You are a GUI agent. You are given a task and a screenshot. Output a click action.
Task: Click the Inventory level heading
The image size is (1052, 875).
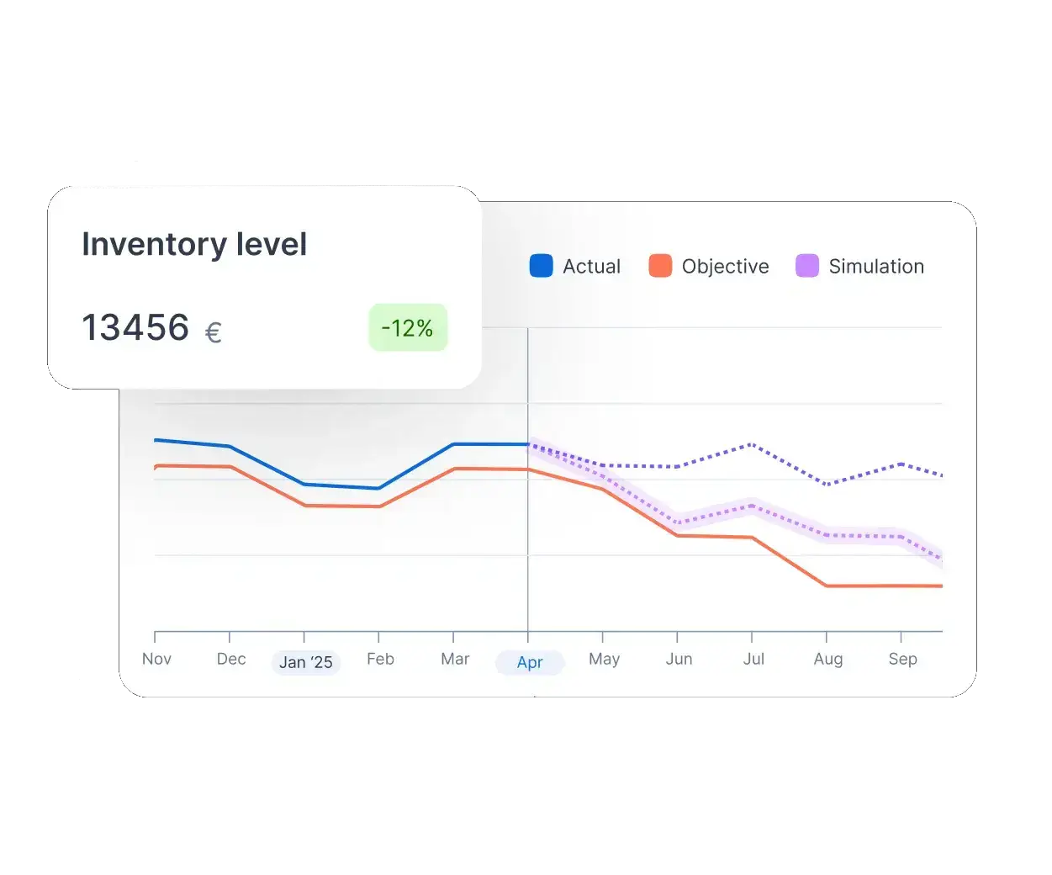[x=194, y=245]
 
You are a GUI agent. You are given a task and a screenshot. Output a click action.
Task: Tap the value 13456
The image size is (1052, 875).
[x=135, y=328]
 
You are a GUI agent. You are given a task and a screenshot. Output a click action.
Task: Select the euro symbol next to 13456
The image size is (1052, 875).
[x=214, y=332]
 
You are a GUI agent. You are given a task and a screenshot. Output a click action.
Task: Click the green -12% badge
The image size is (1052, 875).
[x=408, y=328]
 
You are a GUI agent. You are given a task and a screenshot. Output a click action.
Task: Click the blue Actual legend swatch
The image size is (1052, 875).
[x=541, y=267]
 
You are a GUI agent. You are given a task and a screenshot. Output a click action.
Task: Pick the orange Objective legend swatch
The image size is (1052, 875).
[x=660, y=267]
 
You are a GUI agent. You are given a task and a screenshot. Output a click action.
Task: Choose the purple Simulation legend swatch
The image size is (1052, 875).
[x=807, y=267]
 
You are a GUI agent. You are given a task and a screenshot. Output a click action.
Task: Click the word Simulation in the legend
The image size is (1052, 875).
[x=876, y=267]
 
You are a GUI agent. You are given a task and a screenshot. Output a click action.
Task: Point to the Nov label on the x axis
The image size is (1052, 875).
[x=156, y=659]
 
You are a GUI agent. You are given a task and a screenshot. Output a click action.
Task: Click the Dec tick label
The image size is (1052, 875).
[x=231, y=659]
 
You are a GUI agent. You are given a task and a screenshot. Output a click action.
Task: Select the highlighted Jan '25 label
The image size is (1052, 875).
[x=305, y=663]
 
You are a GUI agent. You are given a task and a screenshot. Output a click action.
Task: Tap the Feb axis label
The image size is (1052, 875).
[x=380, y=659]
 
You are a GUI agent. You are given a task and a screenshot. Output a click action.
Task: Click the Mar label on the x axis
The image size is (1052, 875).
[x=455, y=659]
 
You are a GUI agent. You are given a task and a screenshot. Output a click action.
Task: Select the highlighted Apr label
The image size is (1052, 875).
[x=530, y=663]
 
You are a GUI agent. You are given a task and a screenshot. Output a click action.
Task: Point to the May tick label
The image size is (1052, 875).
[x=604, y=659]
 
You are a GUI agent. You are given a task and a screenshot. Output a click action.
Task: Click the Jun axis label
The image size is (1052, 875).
[x=679, y=659]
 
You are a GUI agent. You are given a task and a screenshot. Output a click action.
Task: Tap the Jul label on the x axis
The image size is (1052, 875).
[x=753, y=659]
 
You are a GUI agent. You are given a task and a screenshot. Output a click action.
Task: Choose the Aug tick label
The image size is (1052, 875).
[x=828, y=659]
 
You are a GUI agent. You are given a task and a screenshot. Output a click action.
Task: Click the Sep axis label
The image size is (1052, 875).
[x=902, y=659]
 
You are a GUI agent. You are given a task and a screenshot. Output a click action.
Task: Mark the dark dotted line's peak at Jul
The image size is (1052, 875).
[x=751, y=444]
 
